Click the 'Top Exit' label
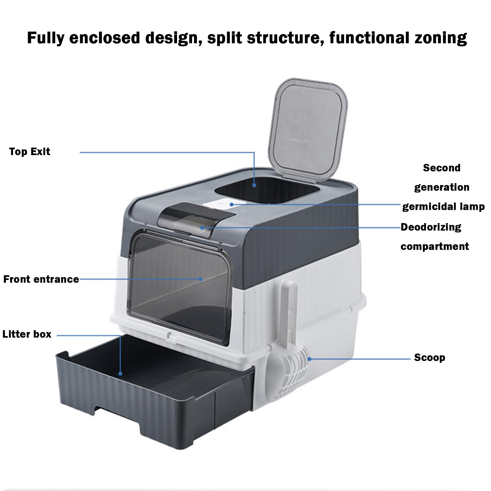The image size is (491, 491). [29, 152]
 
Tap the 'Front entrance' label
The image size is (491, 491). [41, 279]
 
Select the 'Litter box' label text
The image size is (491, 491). [27, 334]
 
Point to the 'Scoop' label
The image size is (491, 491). [430, 358]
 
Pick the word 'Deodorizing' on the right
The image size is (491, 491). [431, 227]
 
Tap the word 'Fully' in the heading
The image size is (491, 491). [46, 38]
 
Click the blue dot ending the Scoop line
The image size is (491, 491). [310, 359]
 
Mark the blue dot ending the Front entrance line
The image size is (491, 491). [200, 279]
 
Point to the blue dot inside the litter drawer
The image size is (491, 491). [121, 373]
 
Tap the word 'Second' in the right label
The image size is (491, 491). [442, 168]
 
